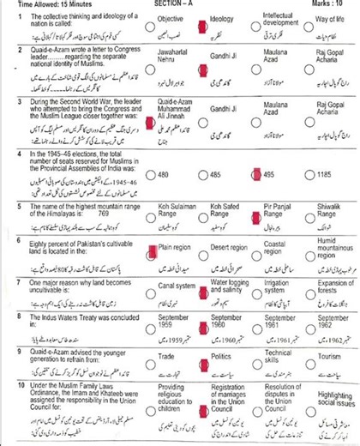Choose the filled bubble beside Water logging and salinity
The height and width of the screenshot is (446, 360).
point(202,292)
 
